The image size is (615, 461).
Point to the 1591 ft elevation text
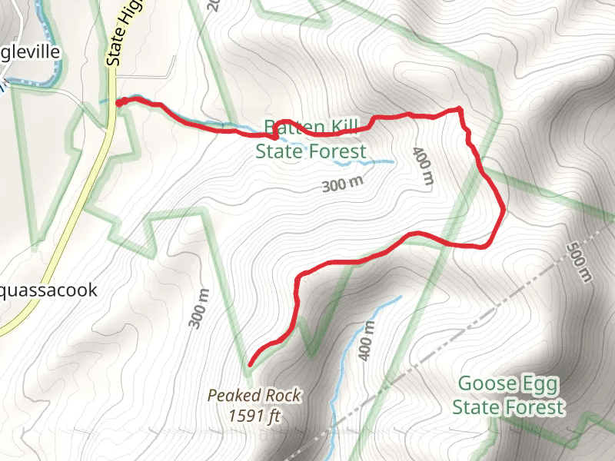(254, 416)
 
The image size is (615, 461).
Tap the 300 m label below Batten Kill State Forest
(342, 184)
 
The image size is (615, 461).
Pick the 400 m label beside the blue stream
(367, 340)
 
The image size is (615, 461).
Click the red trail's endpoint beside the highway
(118, 101)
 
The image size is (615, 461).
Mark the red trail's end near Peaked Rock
(251, 363)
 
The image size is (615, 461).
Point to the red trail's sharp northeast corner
(459, 110)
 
